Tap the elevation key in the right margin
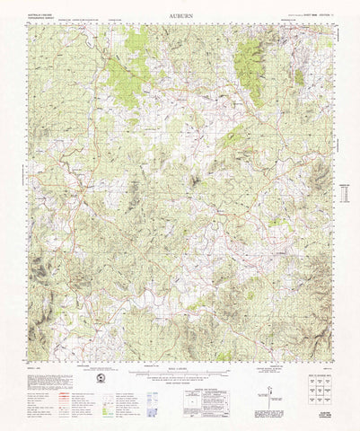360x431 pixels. [344, 194]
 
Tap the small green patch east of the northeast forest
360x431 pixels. [299, 77]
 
